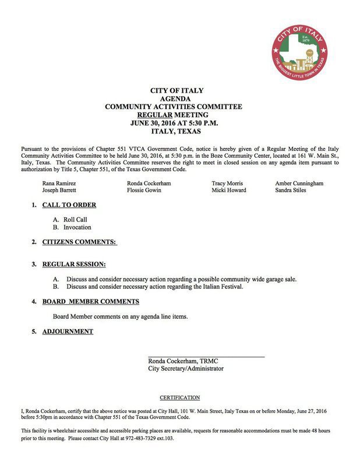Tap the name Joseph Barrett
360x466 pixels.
coord(58,190)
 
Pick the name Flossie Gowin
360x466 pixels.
coord(144,190)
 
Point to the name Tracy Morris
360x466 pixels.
coord(227,183)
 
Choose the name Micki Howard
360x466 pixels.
coord(229,190)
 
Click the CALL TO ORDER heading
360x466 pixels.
coord(69,205)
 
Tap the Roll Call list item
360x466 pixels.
coord(75,220)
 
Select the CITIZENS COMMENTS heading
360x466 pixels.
coord(79,242)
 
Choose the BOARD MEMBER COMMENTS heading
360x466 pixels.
coord(90,302)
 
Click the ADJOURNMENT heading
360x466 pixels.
coord(68,332)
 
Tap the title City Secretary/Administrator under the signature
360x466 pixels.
coord(186,368)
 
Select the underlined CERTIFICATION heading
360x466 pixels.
coord(179,397)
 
